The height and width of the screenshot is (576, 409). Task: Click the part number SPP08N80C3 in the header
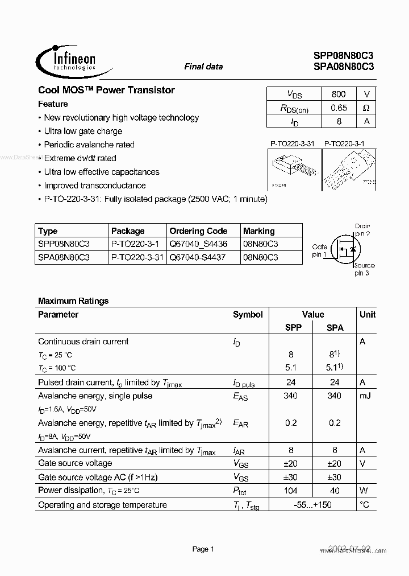(343, 56)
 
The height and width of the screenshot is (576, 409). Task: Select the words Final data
(203, 67)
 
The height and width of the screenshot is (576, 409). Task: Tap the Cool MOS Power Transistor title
(106, 90)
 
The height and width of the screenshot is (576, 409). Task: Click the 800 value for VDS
(338, 94)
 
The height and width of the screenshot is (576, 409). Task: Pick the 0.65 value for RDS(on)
(338, 108)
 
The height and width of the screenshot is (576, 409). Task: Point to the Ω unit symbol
(366, 108)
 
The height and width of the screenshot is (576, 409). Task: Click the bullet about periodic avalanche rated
(89, 145)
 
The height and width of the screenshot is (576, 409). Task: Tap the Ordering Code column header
(198, 231)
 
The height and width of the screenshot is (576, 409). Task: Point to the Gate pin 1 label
(319, 250)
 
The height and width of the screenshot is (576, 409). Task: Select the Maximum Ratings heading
(73, 301)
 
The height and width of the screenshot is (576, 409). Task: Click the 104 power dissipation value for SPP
(290, 491)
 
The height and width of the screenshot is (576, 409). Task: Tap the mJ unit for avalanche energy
(366, 396)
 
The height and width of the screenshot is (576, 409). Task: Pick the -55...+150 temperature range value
(312, 505)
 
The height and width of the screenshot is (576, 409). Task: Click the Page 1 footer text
(203, 549)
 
